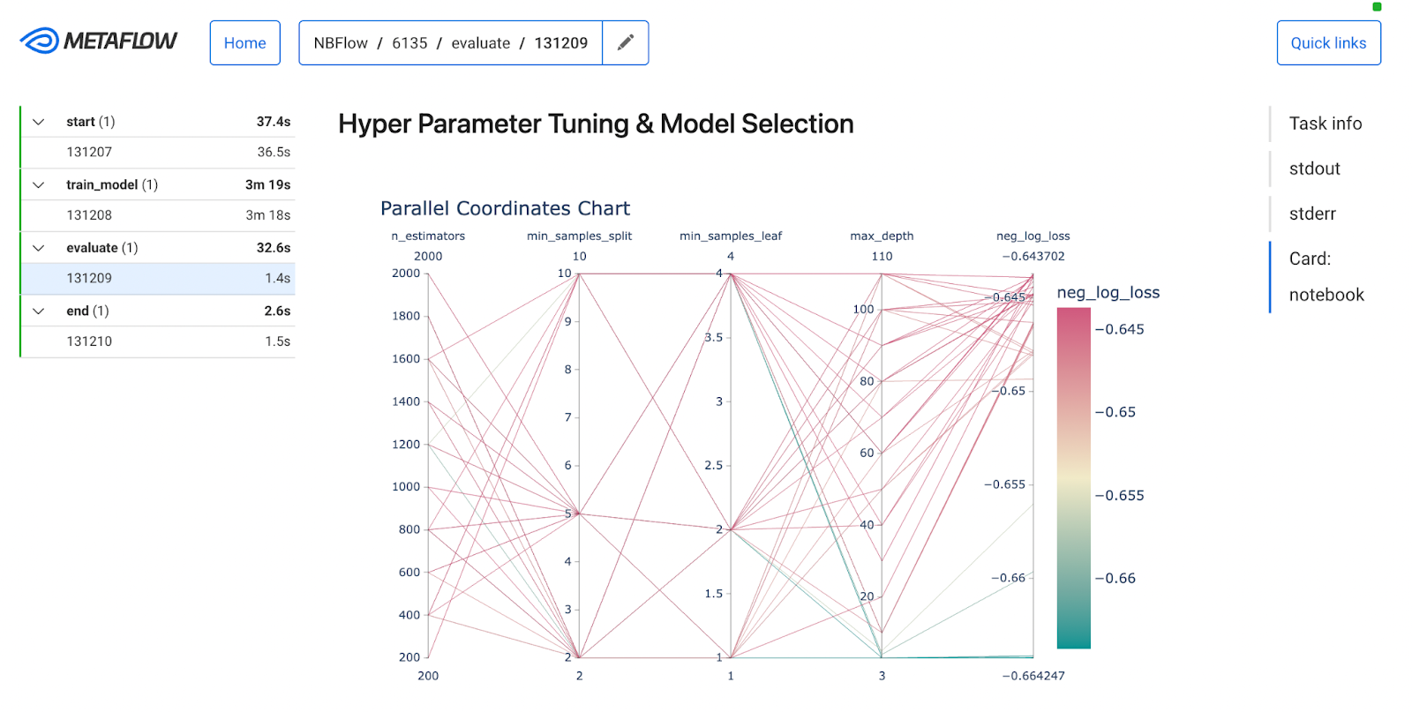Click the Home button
244,43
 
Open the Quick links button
1328,43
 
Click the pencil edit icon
626,43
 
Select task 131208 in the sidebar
89,215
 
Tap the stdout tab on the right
1314,169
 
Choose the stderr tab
1312,214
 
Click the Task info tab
1325,123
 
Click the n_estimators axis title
428,236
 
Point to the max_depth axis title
882,236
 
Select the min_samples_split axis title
579,236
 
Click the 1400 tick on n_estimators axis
406,401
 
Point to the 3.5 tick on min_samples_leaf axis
714,337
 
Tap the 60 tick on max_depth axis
867,453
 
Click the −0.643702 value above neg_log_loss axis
1033,257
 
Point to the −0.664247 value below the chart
1033,676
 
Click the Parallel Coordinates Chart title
505,208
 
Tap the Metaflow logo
98,41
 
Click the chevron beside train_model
39,184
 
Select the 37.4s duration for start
274,122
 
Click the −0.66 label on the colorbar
1115,578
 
